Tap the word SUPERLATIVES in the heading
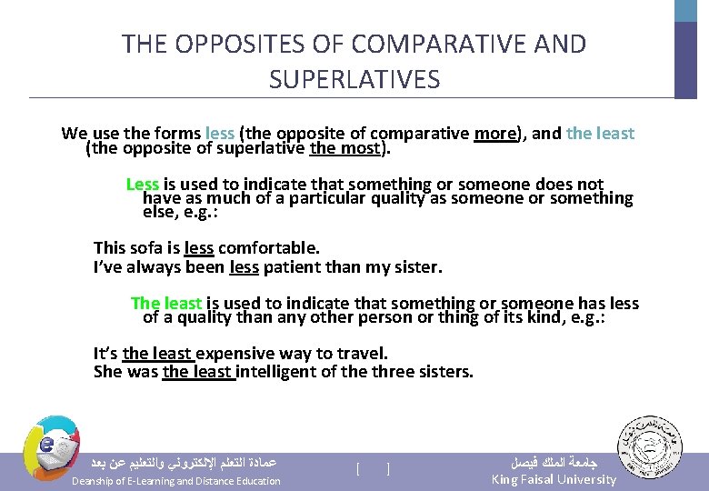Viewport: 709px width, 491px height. point(354,80)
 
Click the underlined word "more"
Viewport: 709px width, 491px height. point(495,134)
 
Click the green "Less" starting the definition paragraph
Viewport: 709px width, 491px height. point(142,185)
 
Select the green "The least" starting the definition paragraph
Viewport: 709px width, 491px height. point(166,303)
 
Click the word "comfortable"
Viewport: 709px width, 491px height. point(269,247)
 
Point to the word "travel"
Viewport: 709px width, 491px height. point(363,353)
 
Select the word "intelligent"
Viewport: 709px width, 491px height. point(283,371)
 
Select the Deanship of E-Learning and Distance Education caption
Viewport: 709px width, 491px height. point(176,480)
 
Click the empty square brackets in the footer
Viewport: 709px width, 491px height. point(373,469)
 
